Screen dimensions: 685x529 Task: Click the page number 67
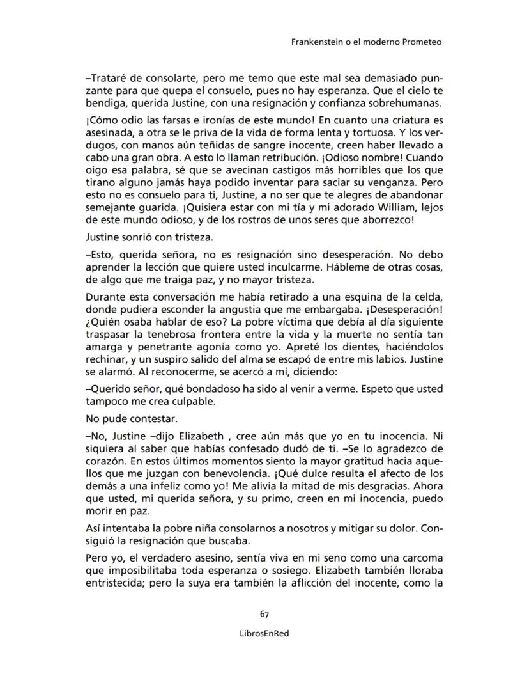264,614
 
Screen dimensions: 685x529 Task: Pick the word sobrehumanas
409,104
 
